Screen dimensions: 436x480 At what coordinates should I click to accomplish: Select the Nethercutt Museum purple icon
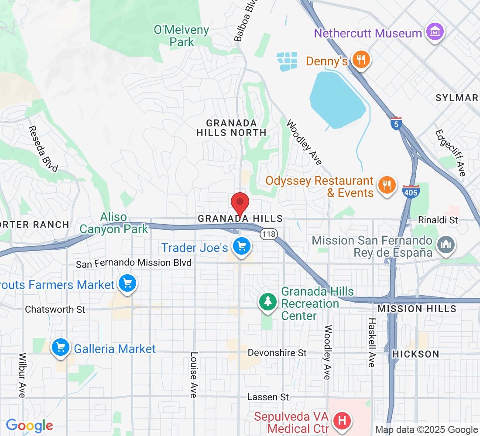pyautogui.click(x=435, y=32)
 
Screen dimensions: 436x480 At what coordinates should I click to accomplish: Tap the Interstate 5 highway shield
pyautogui.click(x=395, y=123)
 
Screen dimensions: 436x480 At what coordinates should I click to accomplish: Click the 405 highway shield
pyautogui.click(x=411, y=192)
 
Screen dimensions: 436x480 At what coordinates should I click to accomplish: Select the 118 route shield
pyautogui.click(x=268, y=235)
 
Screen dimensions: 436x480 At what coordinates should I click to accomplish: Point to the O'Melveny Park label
pyautogui.click(x=181, y=36)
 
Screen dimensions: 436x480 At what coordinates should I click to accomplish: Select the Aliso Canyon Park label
pyautogui.click(x=113, y=223)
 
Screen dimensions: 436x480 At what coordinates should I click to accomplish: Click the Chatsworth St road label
pyautogui.click(x=55, y=309)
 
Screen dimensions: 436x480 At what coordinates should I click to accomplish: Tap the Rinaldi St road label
pyautogui.click(x=438, y=220)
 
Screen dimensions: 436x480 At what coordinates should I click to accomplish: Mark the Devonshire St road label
pyautogui.click(x=277, y=352)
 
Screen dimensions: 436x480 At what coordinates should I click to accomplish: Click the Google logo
pyautogui.click(x=29, y=425)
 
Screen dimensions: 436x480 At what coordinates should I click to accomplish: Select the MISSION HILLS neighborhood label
pyautogui.click(x=417, y=309)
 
